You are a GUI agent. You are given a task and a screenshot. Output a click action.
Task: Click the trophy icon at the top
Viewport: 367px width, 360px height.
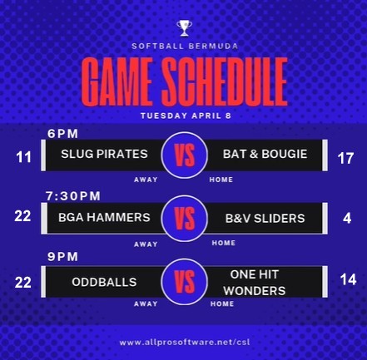point(184,28)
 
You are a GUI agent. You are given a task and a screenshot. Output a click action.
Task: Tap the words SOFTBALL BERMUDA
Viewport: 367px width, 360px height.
point(185,46)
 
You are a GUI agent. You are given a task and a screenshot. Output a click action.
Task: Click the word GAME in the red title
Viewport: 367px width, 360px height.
point(117,81)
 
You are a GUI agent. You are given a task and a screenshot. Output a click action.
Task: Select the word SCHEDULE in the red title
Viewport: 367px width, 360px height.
point(225,81)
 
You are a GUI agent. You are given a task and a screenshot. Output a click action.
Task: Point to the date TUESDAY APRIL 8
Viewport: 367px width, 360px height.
point(186,116)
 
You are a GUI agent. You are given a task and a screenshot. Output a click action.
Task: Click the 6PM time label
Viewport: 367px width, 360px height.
point(62,134)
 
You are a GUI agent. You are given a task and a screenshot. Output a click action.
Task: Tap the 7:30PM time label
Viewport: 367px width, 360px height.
point(73,196)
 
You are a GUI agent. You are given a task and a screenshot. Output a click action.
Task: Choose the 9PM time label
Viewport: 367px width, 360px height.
point(62,257)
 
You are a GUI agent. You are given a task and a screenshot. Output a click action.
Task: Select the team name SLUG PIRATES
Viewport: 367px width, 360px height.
point(104,154)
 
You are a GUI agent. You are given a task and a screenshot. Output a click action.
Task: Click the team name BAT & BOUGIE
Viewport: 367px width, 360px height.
point(265,154)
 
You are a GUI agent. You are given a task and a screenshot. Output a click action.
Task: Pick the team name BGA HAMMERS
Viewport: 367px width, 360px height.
point(104,218)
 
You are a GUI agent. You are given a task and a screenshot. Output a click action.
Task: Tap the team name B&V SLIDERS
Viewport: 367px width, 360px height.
point(265,219)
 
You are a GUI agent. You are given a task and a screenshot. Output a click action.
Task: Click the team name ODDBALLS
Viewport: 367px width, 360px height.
point(104,282)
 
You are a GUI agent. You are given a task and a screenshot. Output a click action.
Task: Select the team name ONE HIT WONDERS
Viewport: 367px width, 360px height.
point(255,283)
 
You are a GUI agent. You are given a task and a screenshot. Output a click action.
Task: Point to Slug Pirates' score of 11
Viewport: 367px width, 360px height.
point(23,157)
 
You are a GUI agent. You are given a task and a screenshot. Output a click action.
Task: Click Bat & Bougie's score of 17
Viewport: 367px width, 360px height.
point(345,159)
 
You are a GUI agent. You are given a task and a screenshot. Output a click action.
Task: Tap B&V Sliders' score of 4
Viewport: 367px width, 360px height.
point(347,219)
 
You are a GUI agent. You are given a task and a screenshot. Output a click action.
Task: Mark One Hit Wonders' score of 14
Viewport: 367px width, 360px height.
point(349,279)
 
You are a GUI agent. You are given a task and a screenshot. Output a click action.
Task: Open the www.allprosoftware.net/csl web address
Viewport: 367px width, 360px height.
point(185,343)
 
